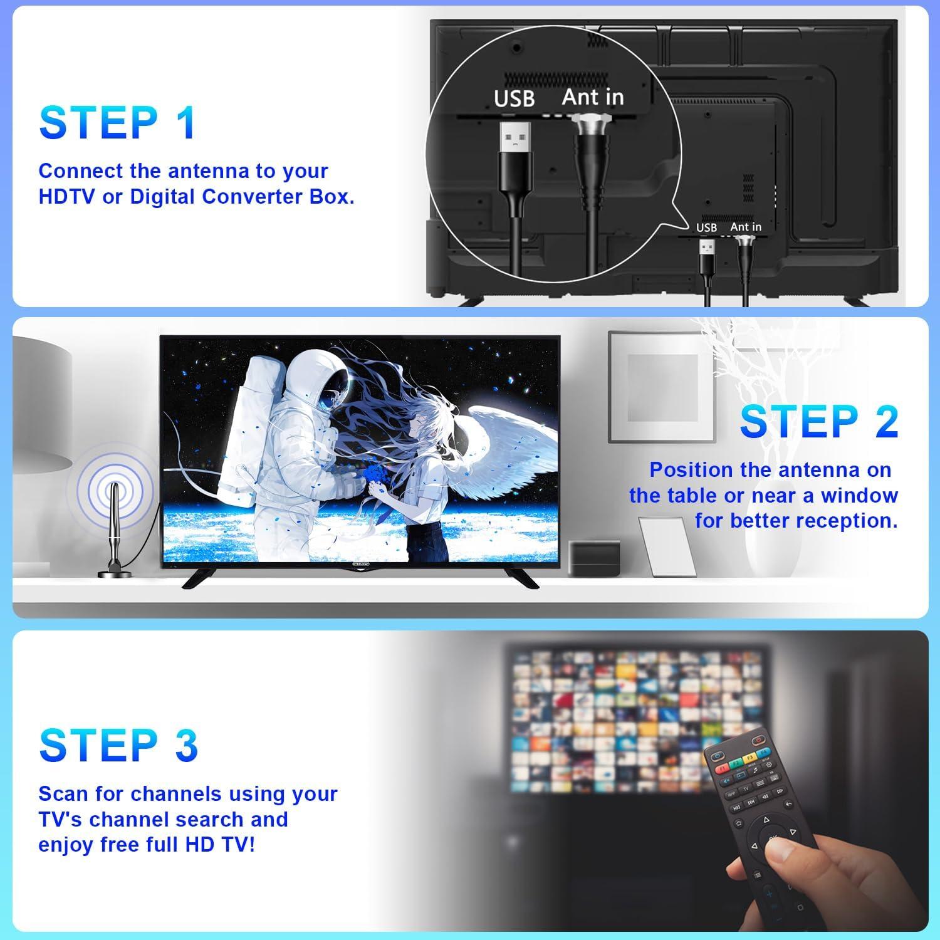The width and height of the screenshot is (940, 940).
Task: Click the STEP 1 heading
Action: pyautogui.click(x=118, y=123)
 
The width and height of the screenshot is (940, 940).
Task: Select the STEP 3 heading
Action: pyautogui.click(x=118, y=745)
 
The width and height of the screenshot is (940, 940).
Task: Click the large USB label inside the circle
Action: pyautogui.click(x=514, y=98)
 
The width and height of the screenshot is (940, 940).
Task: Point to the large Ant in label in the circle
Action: pyautogui.click(x=593, y=97)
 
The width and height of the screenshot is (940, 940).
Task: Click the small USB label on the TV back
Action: pyautogui.click(x=706, y=227)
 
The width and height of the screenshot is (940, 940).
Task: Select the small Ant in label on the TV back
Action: pyautogui.click(x=746, y=227)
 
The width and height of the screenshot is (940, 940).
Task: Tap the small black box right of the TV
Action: pyautogui.click(x=595, y=558)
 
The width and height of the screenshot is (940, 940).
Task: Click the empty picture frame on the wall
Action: pyautogui.click(x=662, y=387)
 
